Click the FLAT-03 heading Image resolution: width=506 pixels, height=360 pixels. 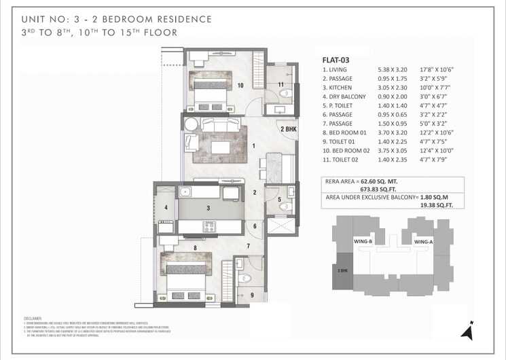click(337, 60)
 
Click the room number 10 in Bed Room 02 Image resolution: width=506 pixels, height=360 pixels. click(240, 85)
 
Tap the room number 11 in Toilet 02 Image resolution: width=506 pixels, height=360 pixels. click(280, 84)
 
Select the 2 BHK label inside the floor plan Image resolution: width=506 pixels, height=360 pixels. click(288, 129)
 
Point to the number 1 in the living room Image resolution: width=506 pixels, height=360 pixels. click(253, 145)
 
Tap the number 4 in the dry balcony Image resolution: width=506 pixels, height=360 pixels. click(166, 207)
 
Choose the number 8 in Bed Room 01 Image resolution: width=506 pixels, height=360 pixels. click(195, 248)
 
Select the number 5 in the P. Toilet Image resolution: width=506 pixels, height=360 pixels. click(279, 199)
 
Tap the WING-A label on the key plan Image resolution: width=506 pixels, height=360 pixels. click(423, 241)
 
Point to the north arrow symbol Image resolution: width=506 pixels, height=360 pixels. click(466, 332)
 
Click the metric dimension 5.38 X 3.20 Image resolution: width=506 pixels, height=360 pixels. click(393, 69)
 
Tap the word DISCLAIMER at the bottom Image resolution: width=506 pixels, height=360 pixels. click(32, 318)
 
